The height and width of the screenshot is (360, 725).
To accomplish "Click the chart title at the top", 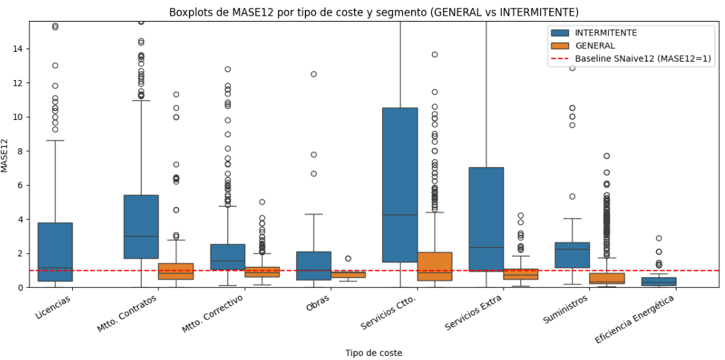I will [374, 12].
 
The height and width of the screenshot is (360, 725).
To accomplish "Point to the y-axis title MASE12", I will [6, 155].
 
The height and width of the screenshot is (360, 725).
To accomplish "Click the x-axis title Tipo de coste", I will [374, 353].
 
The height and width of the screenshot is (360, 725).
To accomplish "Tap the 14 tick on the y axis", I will [20, 49].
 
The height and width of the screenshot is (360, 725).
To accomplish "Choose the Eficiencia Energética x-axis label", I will [633, 319].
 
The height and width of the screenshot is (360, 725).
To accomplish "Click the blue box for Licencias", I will [55, 252].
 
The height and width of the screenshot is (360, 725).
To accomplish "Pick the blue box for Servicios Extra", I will [486, 219].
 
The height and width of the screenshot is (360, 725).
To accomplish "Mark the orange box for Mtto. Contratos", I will [176, 271].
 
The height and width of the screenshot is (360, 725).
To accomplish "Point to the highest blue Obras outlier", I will [313, 74].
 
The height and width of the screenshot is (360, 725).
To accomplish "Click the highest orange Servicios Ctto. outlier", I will [435, 54].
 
